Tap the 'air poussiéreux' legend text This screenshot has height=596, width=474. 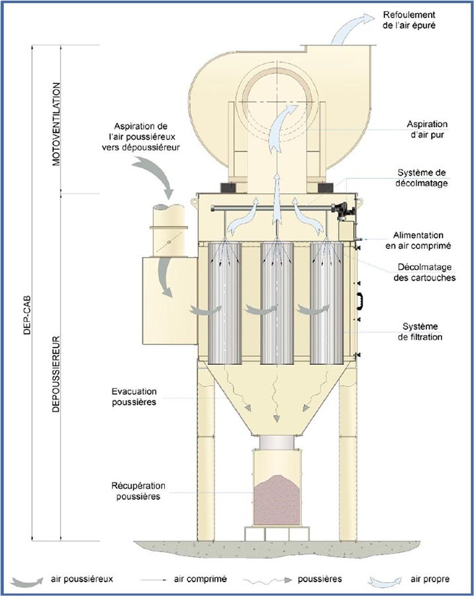tap(82, 578)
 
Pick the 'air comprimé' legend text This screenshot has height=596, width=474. tap(200, 578)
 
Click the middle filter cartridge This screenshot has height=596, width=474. tap(277, 303)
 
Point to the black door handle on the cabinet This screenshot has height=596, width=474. tap(361, 301)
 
